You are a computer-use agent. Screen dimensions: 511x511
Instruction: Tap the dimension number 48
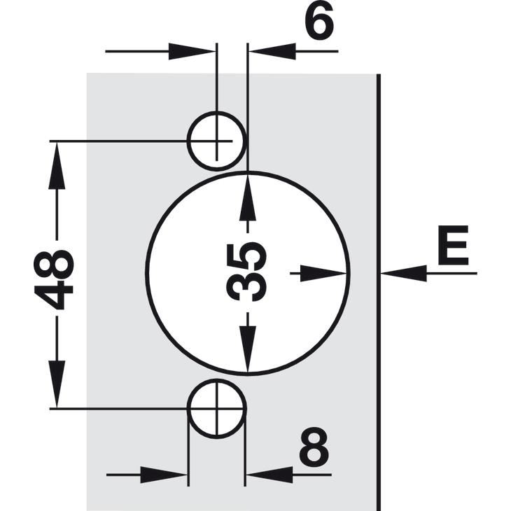click(x=54, y=279)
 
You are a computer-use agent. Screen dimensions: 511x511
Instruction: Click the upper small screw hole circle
click(x=216, y=141)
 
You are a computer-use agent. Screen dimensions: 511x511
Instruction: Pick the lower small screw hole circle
click(x=216, y=408)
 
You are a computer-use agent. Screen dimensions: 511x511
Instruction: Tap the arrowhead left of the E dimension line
click(x=404, y=273)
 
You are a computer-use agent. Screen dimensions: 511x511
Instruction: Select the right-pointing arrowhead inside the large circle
click(x=323, y=273)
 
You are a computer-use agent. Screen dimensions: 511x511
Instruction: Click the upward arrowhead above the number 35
click(x=247, y=197)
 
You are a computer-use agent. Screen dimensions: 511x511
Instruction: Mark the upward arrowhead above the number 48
click(x=57, y=166)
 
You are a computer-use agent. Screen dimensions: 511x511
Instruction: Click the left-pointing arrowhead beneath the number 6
click(x=272, y=51)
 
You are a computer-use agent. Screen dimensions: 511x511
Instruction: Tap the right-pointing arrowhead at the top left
click(x=192, y=51)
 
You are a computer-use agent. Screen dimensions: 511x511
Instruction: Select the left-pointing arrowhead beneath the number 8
click(x=269, y=475)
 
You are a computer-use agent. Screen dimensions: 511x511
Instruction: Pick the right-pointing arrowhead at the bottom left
click(x=163, y=475)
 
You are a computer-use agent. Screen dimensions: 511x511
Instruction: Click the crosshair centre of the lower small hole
click(x=217, y=408)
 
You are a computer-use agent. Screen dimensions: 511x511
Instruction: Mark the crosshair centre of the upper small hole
click(x=217, y=141)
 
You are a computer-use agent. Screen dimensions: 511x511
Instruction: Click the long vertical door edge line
click(x=379, y=293)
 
